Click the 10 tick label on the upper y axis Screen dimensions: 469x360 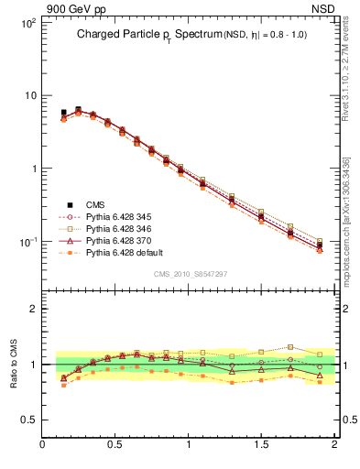click(29, 95)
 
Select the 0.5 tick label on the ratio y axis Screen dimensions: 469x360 click(29, 420)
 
